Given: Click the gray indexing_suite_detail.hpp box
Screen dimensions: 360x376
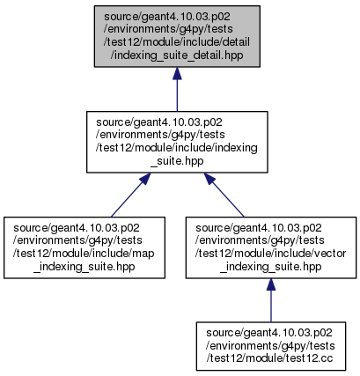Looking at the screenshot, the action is (177, 36).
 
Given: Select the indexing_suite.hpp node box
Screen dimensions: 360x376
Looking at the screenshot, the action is (177, 142).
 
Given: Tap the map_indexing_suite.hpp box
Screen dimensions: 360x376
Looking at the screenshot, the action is (84, 247).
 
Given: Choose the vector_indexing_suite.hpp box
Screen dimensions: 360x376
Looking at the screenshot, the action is (271, 247).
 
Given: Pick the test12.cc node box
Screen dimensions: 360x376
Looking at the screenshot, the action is (271, 346).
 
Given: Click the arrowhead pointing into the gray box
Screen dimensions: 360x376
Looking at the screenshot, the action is (177, 73).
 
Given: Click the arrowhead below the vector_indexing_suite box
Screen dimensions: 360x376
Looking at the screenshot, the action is (271, 284).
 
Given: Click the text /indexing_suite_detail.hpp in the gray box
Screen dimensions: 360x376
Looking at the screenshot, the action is (177, 55).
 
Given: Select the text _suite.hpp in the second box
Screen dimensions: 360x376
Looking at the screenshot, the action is (177, 160).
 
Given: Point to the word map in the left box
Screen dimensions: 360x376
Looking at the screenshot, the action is (144, 254).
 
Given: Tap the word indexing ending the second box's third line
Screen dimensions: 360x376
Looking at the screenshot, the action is (236, 148).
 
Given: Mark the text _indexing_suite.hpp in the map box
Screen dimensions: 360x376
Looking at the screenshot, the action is (84, 267).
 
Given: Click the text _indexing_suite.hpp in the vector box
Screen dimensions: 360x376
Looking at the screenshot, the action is (271, 267).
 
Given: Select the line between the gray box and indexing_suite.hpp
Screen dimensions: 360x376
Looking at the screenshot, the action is (177, 95).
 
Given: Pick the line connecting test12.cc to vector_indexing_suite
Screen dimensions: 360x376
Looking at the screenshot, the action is (271, 306).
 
